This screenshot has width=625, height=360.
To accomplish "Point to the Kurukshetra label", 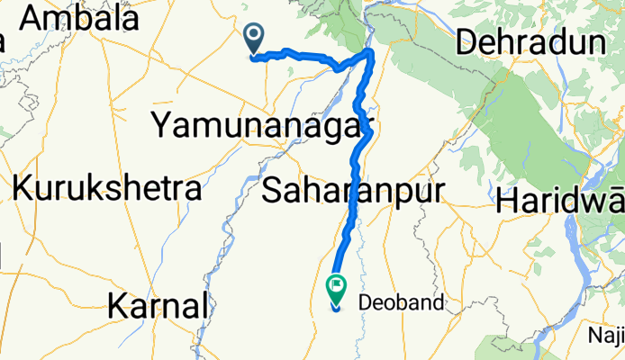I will pos(106,189).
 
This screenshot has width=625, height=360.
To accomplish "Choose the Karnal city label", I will pos(158,306).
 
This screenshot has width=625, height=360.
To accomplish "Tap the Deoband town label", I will pos(401,303).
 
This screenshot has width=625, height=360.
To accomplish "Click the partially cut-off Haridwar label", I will pos(559,200).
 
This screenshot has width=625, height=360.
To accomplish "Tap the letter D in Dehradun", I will pos(468,42).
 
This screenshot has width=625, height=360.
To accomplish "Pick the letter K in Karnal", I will pos(117,306).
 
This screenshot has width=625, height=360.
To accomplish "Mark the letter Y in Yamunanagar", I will pos(162,126).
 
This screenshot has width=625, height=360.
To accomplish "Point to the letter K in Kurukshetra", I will pos(23,189).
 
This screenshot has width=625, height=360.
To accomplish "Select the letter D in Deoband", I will pos(365,303).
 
